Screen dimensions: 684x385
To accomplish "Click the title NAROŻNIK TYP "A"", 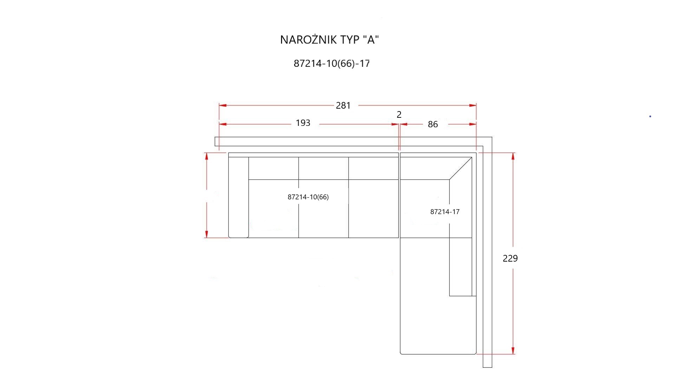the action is point(330,40).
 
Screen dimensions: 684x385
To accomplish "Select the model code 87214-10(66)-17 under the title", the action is point(332,64).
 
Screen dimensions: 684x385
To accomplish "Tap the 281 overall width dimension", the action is point(343,105).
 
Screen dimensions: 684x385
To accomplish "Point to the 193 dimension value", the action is point(303,123).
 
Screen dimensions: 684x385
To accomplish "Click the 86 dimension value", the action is point(433,124).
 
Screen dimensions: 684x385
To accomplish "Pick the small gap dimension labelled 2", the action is point(399,115).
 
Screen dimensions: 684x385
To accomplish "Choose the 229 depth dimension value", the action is point(510,258).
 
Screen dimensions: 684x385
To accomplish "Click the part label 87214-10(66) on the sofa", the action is point(308,197).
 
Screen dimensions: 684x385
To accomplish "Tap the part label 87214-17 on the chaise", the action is point(445,212).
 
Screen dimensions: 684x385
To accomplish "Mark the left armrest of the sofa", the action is point(239,197).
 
